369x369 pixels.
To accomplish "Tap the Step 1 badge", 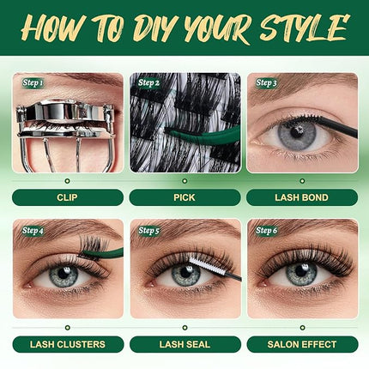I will [x=32, y=82].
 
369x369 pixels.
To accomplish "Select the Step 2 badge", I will [x=148, y=82].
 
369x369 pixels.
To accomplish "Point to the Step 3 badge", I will [x=266, y=82].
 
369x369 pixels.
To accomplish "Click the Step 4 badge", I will [x=32, y=230].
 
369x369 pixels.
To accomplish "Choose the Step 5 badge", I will [x=148, y=230].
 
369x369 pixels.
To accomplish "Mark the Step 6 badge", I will [x=266, y=230].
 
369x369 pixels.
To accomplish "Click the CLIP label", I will [x=68, y=197].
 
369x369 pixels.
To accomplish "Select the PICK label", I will [x=184, y=197].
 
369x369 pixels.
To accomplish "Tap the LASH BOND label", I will [x=302, y=197].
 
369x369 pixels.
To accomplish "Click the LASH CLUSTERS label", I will [x=68, y=344].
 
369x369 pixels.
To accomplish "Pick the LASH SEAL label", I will [x=184, y=344].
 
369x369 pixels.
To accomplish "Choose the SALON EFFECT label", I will [x=302, y=344].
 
